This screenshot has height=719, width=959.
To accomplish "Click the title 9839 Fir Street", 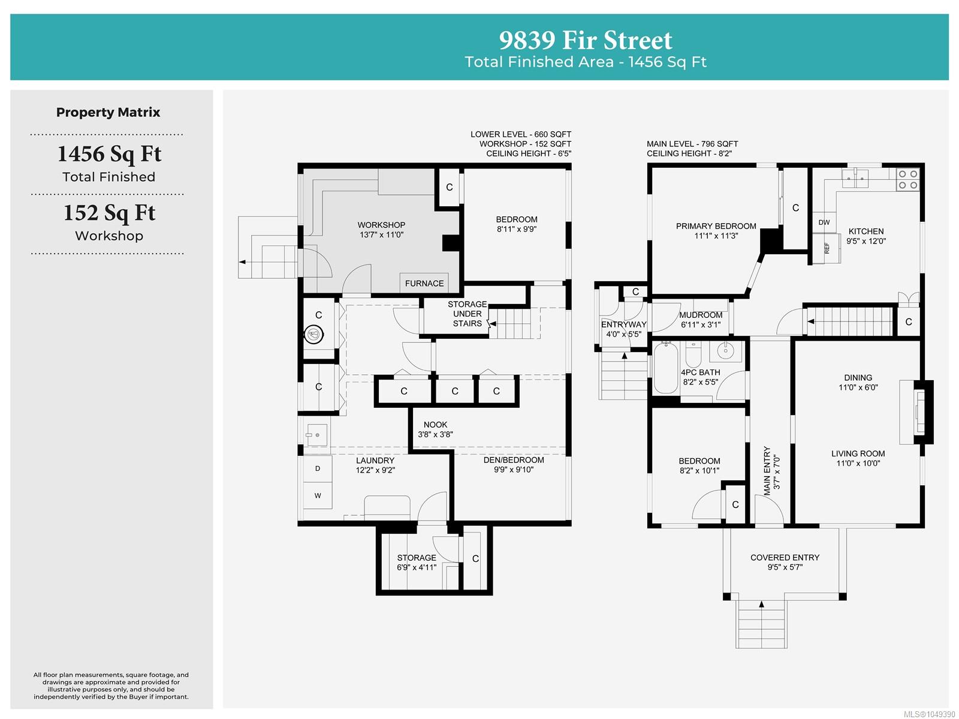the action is point(585,40).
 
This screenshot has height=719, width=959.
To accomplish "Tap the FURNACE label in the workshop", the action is point(424,283).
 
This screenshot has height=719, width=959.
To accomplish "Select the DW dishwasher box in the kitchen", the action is point(824,222).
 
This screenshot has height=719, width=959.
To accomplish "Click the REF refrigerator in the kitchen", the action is point(827,248).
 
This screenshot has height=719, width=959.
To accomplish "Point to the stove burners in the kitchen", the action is point(907,180).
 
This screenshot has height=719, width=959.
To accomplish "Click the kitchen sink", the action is point(855,178).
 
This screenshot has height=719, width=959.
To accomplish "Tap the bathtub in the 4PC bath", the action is point(665,368).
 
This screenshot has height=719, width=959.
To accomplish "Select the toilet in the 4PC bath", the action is point(693,354).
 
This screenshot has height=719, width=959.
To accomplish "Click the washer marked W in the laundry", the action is point(318,496).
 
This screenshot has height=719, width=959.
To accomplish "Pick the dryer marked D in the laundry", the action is point(318,468).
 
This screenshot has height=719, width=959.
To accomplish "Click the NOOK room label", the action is point(435,425).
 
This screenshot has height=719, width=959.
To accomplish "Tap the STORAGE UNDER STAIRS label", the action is point(467,314).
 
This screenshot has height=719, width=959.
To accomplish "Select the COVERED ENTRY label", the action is point(785,557).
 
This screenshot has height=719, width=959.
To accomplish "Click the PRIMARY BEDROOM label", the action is point(716,226).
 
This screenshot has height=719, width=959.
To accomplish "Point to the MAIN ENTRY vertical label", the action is point(767,471).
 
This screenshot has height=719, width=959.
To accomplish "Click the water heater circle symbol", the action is point(313,335).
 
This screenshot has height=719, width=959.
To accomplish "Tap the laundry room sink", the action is point(316,435).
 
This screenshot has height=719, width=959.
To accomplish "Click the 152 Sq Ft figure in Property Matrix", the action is point(109,213).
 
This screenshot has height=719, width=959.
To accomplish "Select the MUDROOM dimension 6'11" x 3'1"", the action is point(700,325).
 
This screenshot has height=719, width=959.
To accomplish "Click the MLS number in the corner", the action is point(929,714).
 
